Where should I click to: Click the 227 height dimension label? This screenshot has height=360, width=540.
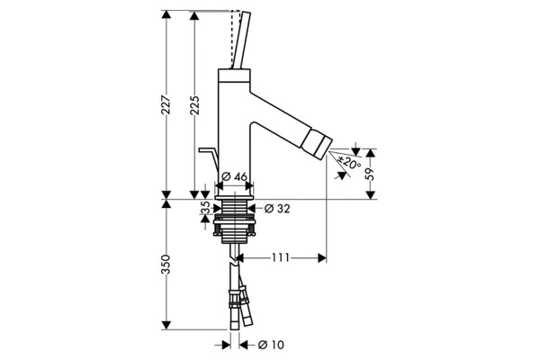(166, 104)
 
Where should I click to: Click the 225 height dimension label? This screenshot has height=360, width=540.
(194, 105)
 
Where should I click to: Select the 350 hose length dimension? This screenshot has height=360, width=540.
(166, 265)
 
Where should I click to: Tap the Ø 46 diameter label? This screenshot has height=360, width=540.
(234, 176)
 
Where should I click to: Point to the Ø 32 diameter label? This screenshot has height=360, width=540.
(277, 209)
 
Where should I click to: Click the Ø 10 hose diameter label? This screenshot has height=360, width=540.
(271, 345)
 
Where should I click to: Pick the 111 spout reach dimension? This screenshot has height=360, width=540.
(281, 257)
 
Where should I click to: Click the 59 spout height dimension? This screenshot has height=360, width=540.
(371, 174)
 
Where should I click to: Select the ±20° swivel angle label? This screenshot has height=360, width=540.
(349, 162)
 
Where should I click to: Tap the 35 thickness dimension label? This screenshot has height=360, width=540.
(205, 208)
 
